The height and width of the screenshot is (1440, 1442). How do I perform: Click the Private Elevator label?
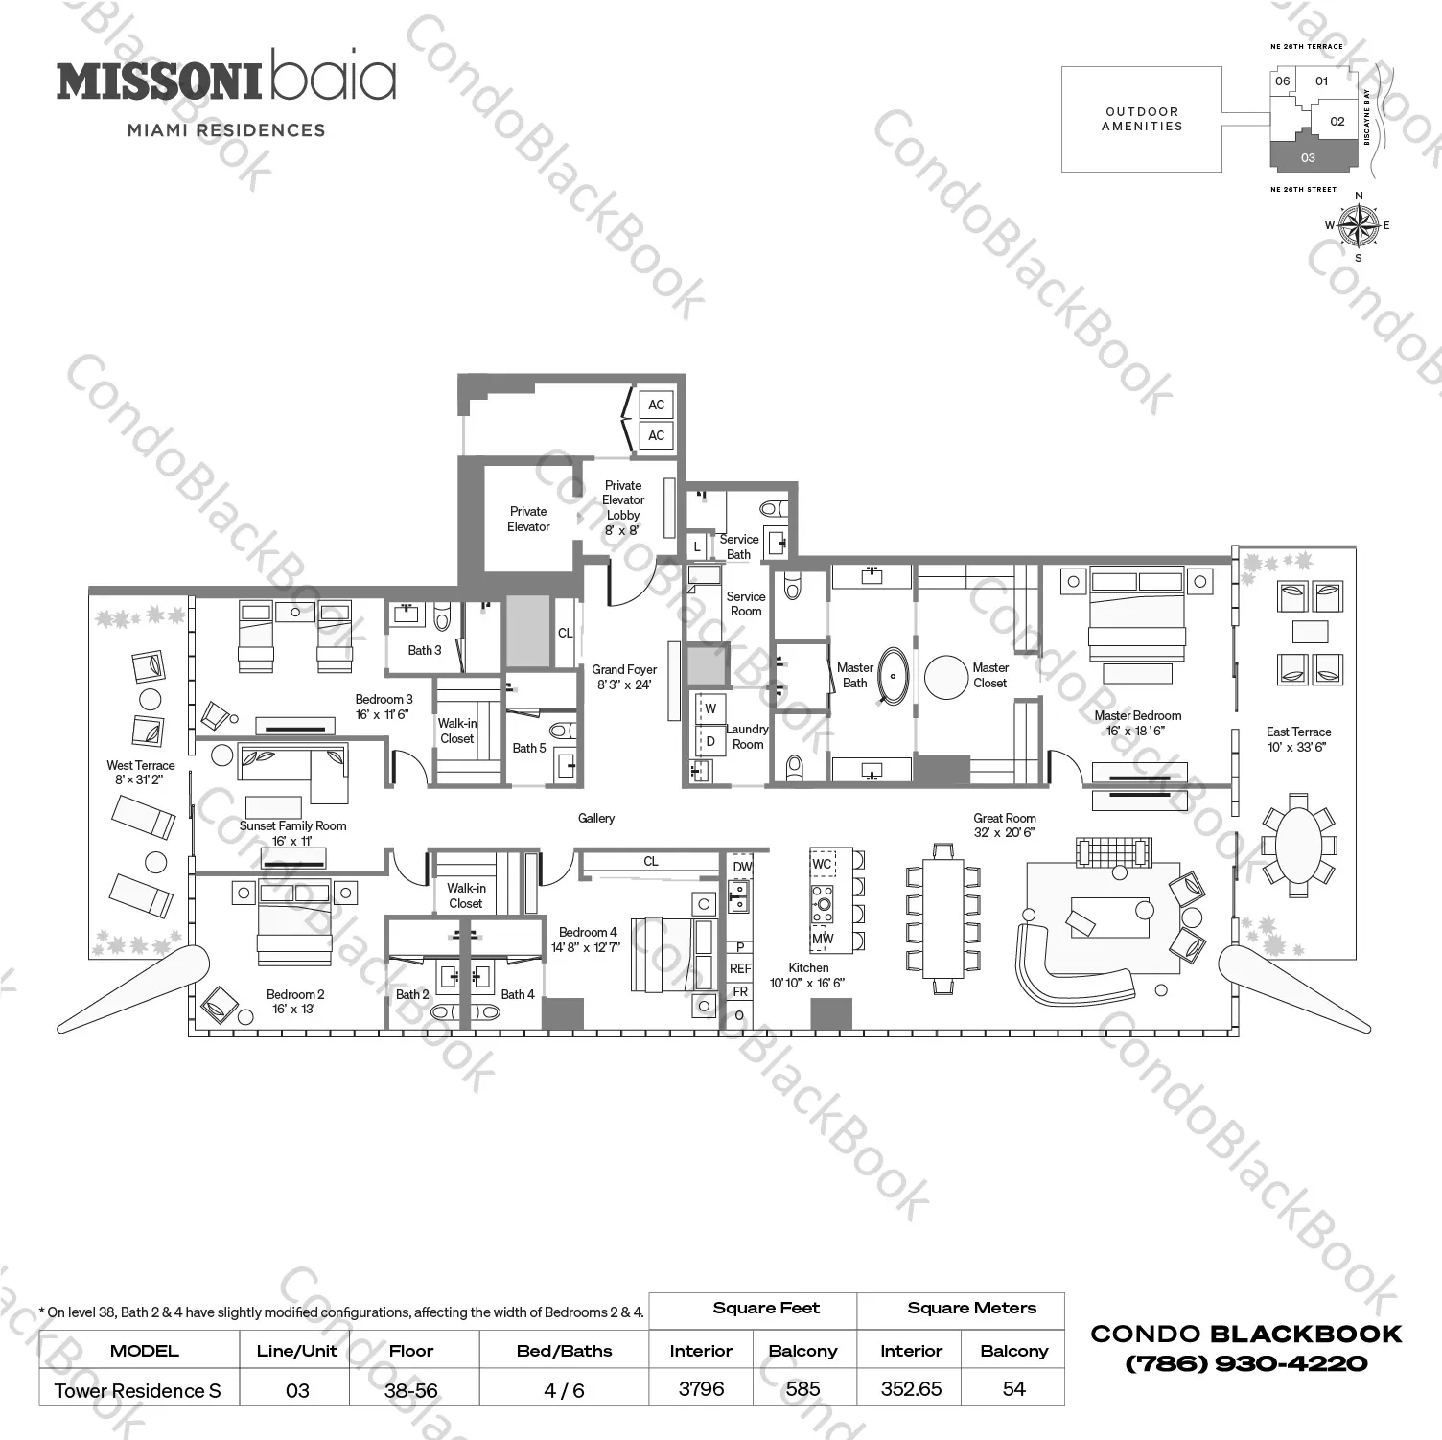(x=528, y=519)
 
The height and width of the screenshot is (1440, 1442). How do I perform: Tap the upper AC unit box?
(x=656, y=405)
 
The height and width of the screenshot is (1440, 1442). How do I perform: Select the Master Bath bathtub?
(x=894, y=676)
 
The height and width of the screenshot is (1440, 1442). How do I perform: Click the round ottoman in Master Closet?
(x=946, y=677)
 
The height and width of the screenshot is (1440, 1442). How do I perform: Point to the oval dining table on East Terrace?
(x=1297, y=845)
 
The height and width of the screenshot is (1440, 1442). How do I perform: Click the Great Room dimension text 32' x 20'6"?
(x=1004, y=832)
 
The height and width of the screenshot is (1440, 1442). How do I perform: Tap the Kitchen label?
(x=808, y=967)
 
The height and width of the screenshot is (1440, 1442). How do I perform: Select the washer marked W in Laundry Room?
(x=710, y=709)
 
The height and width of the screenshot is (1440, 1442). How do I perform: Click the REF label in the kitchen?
(x=740, y=968)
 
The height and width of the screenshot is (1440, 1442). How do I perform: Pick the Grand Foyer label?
(x=624, y=669)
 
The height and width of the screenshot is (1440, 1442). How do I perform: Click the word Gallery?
(x=596, y=818)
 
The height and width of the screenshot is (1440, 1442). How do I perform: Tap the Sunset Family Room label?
(x=292, y=825)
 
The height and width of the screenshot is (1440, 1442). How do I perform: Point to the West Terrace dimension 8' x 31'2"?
(x=140, y=779)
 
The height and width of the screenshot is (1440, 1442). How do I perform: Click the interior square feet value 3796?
(x=701, y=1388)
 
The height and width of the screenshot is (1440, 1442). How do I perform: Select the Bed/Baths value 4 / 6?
(x=564, y=1390)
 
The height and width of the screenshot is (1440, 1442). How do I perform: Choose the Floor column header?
(x=411, y=1350)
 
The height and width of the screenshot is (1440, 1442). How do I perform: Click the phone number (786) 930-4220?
(x=1245, y=1363)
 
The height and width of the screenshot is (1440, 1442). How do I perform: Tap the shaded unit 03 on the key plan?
(x=1309, y=157)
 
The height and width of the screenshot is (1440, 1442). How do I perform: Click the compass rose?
(x=1358, y=226)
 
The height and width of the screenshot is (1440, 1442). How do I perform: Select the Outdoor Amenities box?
(x=1141, y=119)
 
